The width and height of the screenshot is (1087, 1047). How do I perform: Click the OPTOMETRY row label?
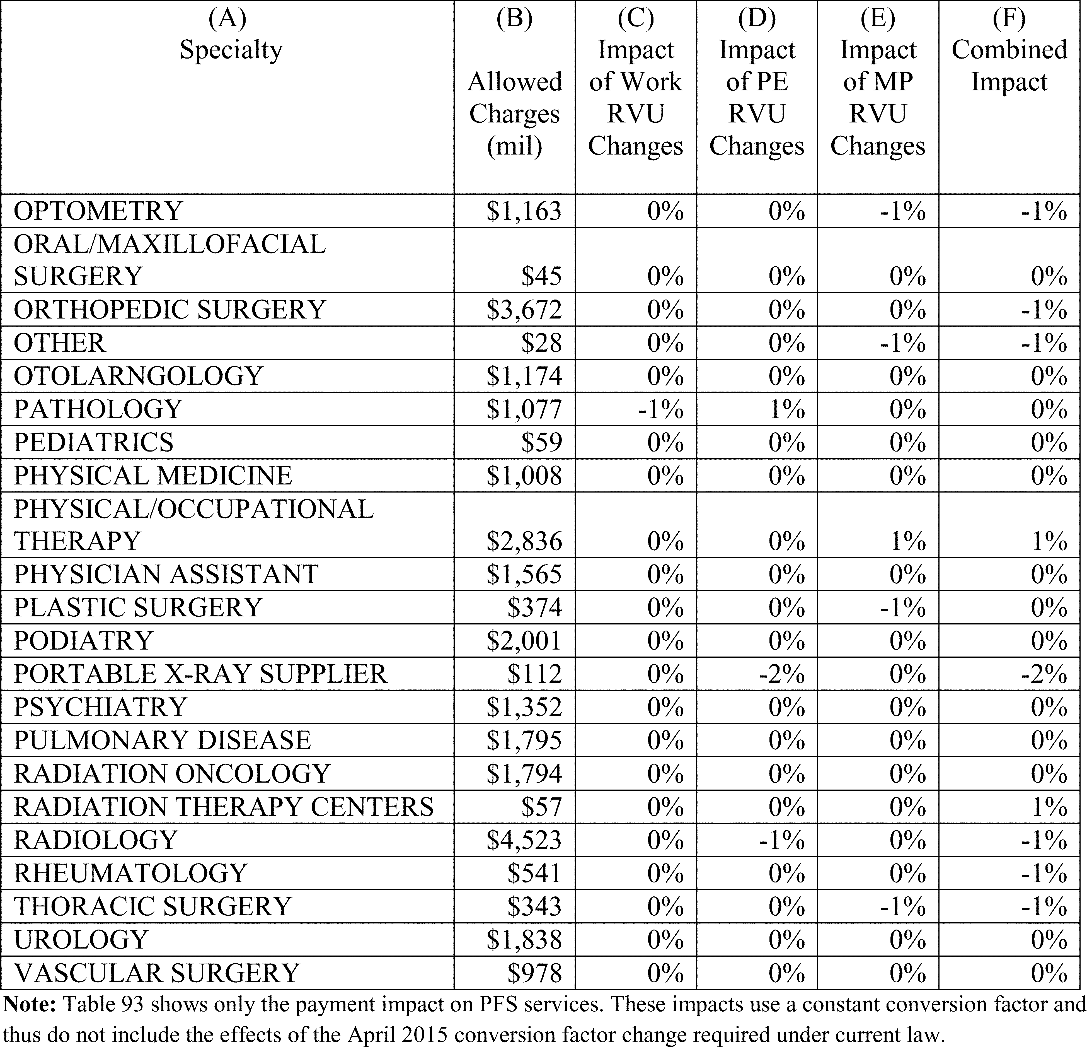[x=98, y=211]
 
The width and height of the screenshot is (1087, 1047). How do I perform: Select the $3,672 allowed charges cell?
[x=524, y=310]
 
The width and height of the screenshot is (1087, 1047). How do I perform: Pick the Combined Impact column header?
[x=1009, y=66]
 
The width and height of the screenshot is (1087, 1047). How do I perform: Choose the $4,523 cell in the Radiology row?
[x=524, y=840]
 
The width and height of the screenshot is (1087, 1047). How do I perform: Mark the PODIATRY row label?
[x=83, y=641]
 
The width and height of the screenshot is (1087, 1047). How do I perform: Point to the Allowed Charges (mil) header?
[x=515, y=114]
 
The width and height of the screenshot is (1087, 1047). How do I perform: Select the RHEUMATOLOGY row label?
[x=130, y=873]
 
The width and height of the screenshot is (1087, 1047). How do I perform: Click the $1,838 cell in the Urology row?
[x=524, y=939]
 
